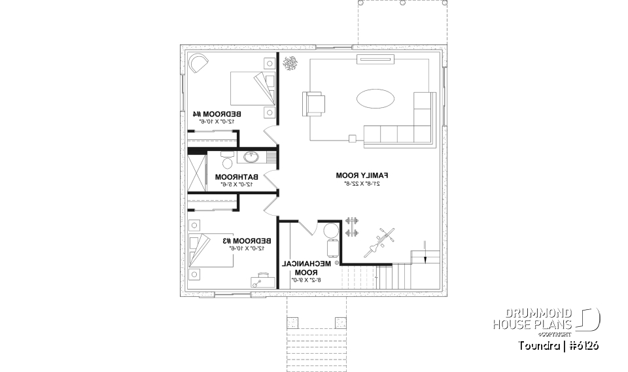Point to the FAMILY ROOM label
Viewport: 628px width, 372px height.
pyautogui.click(x=362, y=176)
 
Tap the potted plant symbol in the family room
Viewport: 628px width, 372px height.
pyautogui.click(x=290, y=63)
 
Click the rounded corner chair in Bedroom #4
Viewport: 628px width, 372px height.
pyautogui.click(x=198, y=64)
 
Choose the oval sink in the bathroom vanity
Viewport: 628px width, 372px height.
pyautogui.click(x=251, y=157)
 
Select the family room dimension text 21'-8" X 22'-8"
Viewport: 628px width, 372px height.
pyautogui.click(x=362, y=184)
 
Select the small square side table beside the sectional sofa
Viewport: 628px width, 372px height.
pyautogui.click(x=352, y=139)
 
